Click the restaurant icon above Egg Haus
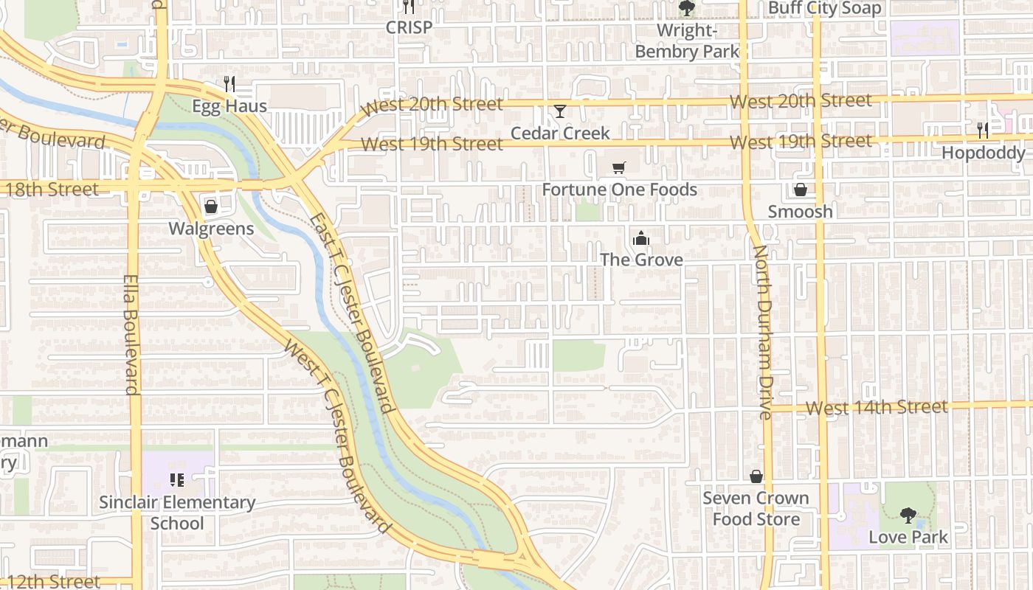[x=229, y=84]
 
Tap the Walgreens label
[x=211, y=229]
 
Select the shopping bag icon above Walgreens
[x=211, y=206]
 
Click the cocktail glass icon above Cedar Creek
[x=560, y=111]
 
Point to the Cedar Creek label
[x=561, y=133]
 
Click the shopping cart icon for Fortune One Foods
[x=619, y=168]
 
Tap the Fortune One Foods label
[x=620, y=190]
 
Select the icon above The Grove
[x=640, y=238]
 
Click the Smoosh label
[x=800, y=212]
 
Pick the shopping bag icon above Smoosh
[x=800, y=190]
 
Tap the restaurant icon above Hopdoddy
[x=983, y=131]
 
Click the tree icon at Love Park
[x=908, y=515]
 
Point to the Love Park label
[x=908, y=537]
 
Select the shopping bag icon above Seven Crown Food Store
[x=756, y=476]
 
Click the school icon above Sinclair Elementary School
[x=177, y=481]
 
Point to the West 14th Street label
[x=877, y=407]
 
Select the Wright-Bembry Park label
[x=687, y=41]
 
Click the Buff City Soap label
[x=825, y=9]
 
